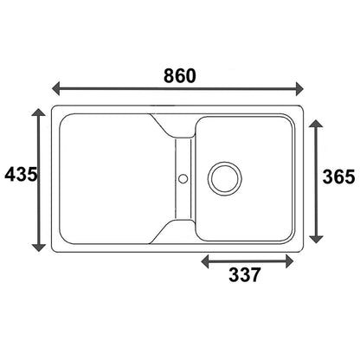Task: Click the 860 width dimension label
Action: (x=180, y=76)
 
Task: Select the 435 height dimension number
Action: (x=21, y=174)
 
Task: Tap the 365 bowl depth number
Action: (x=338, y=177)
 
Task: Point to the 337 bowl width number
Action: (x=245, y=274)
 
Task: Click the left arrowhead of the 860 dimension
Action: (x=55, y=88)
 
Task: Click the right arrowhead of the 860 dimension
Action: (x=299, y=88)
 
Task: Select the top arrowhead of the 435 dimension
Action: (x=39, y=112)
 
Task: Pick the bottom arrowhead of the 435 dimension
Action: (x=39, y=247)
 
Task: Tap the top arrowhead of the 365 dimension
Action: (x=317, y=124)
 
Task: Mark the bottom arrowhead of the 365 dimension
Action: (x=317, y=239)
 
